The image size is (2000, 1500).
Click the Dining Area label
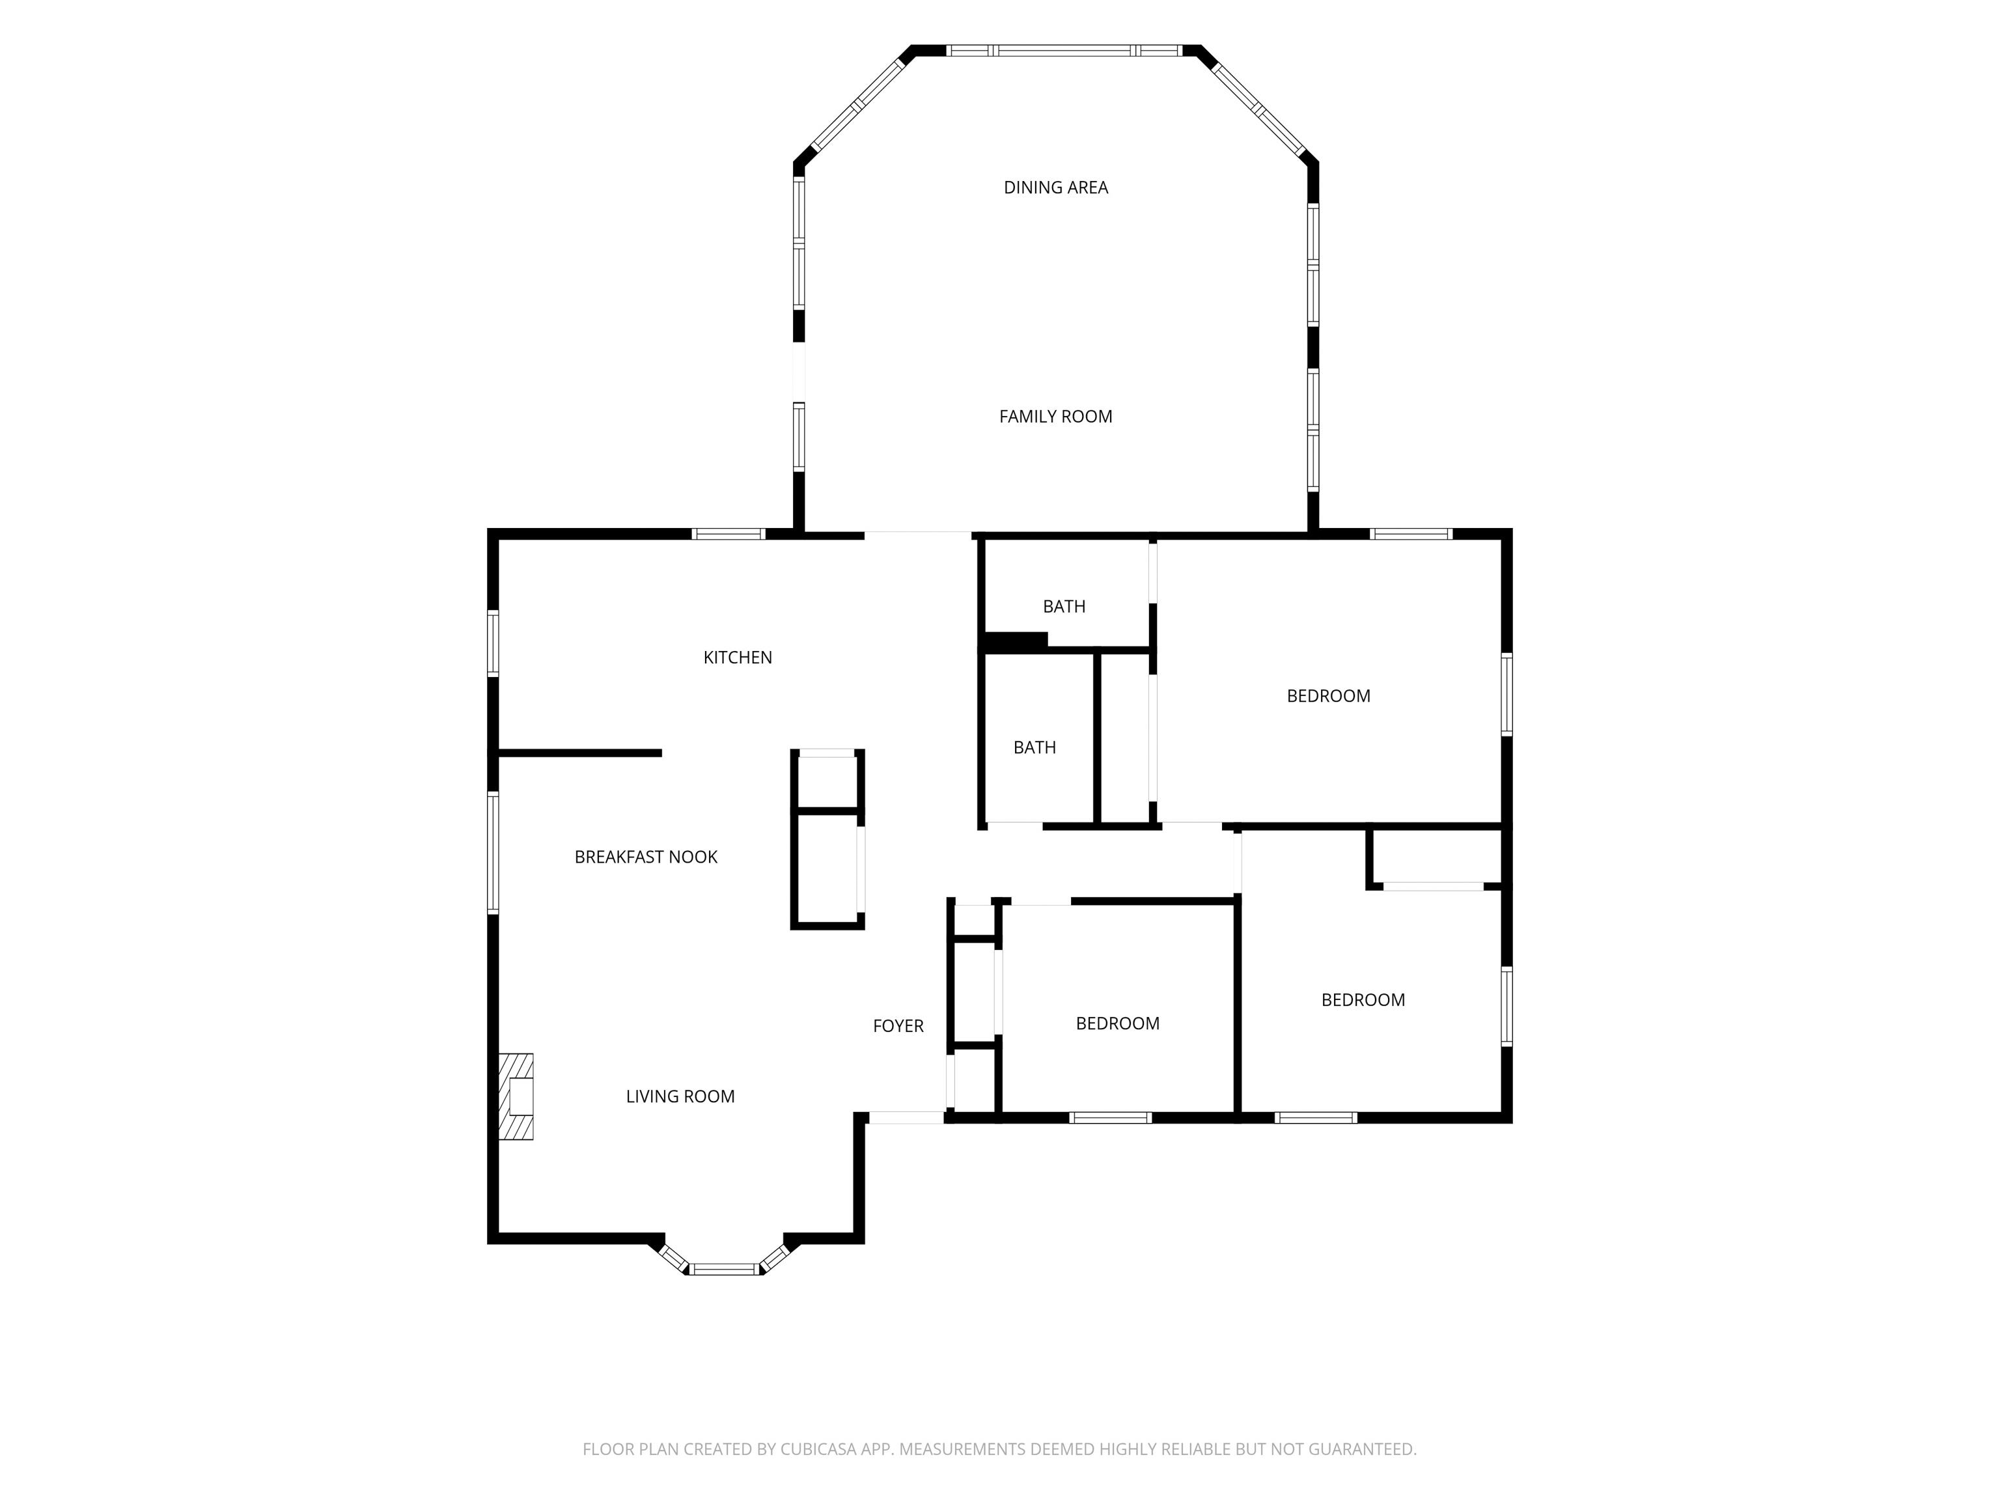[1055, 187]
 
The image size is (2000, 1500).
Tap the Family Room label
[1055, 416]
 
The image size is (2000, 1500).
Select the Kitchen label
[738, 658]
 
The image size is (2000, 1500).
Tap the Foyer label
[898, 1025]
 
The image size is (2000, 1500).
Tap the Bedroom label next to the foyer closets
[1118, 1023]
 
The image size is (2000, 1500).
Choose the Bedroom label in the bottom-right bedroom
[1363, 999]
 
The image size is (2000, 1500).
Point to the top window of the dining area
[1063, 51]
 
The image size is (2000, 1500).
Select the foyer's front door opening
[906, 1118]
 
